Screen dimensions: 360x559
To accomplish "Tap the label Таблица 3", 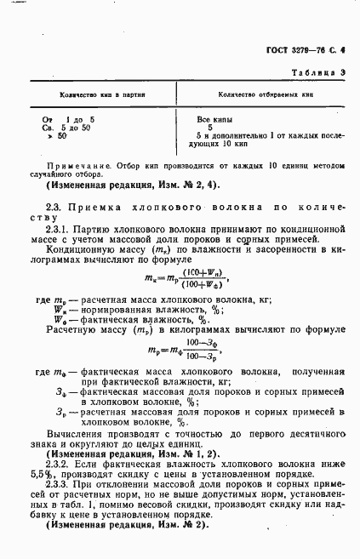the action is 323,74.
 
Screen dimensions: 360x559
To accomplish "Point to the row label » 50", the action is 59,135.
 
